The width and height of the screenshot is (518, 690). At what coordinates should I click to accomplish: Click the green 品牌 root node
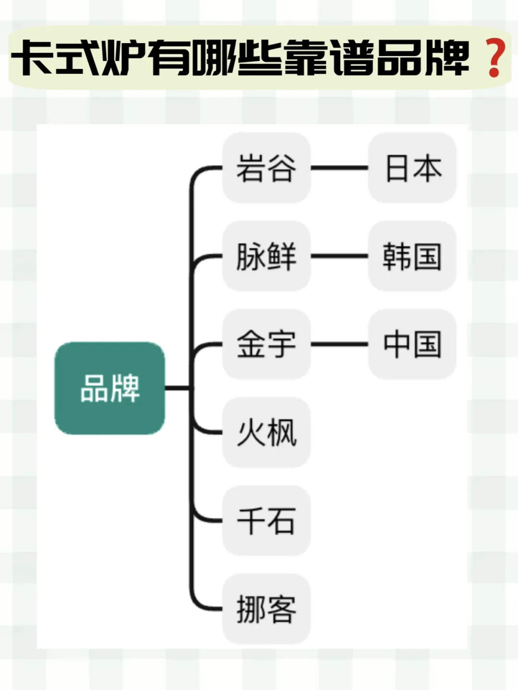coord(110,388)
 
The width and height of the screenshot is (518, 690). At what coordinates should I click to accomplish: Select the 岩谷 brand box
coord(267,168)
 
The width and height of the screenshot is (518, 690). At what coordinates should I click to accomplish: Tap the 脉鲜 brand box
coord(267,256)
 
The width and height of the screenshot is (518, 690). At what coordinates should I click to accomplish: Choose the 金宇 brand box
coord(267,344)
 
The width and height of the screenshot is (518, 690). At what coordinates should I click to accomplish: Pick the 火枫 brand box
coord(267,433)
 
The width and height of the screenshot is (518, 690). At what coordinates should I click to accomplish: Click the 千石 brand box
coord(267,521)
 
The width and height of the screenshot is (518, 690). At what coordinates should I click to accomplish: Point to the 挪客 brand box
coord(267,609)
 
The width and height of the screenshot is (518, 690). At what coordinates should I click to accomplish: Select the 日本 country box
coord(412,168)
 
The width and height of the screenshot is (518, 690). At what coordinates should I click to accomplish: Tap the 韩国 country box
coord(412,256)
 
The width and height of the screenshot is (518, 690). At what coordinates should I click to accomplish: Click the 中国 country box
coord(412,344)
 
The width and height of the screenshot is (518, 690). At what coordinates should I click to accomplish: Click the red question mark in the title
coord(494,58)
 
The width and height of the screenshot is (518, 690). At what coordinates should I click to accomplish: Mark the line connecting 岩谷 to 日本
coord(340,168)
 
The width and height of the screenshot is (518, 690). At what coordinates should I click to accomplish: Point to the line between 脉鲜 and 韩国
coord(340,256)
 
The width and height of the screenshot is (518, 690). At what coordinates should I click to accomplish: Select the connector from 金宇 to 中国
coord(340,344)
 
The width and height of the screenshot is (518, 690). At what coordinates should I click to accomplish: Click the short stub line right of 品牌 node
coord(177,388)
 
